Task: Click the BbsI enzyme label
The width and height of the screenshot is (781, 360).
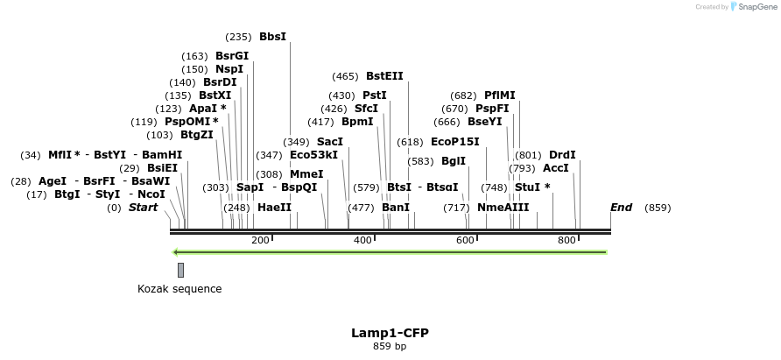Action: point(272,37)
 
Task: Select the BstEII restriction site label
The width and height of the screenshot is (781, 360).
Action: point(384,76)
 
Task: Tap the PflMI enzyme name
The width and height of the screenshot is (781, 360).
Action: point(500,95)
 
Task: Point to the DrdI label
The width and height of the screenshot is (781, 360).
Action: point(562,155)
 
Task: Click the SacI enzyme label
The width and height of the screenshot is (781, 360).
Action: point(330,142)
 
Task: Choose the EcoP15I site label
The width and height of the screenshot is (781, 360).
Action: point(455,142)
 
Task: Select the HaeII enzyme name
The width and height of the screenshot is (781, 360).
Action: point(274,208)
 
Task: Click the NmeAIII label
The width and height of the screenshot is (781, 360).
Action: point(503,208)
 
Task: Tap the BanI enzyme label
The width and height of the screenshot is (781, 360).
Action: point(396,208)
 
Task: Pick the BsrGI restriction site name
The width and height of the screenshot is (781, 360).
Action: point(232,56)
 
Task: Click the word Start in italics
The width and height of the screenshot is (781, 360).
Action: point(144,208)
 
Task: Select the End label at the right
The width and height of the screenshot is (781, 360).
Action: point(621,208)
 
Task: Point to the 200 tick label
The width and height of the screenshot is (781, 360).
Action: point(260,240)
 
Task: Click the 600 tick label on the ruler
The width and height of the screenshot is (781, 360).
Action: point(465,240)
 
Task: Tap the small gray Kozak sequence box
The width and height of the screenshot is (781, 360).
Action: point(180,270)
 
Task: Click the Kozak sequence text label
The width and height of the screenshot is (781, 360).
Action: point(179,289)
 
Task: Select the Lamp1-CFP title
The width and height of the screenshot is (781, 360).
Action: point(390,333)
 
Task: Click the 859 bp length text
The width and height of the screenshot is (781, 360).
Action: point(390,346)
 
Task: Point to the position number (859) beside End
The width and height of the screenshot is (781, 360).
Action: point(658,208)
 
